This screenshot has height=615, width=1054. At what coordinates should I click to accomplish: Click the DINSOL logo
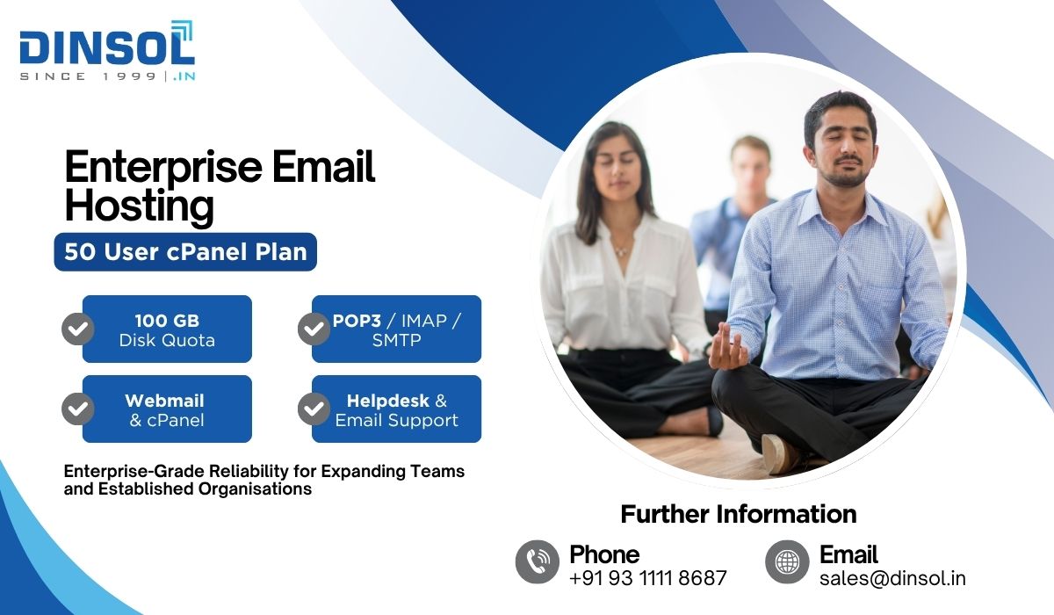point(107,50)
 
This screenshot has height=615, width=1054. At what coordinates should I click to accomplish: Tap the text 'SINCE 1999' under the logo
point(88,76)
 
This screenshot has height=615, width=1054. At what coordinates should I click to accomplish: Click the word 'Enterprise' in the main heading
point(163,167)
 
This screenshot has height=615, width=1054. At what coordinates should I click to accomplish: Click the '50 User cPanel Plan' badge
point(185,252)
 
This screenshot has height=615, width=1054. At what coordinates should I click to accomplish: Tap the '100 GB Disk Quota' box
point(167,329)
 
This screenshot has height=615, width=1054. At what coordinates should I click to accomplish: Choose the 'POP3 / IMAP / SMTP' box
point(396,329)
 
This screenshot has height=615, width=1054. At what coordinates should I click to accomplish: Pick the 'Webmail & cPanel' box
point(167,409)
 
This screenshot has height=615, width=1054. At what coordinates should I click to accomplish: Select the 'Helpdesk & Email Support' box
point(396,409)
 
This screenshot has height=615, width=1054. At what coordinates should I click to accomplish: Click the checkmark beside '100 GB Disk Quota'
point(78,329)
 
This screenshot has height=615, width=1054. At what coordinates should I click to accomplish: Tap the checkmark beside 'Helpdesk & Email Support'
point(314,409)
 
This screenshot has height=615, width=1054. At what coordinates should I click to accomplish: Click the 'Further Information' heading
point(739,514)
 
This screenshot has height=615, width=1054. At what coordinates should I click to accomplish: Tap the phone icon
point(538,561)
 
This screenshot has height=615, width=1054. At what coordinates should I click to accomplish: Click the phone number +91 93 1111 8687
point(648,578)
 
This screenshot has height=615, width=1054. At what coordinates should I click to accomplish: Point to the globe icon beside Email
point(787,561)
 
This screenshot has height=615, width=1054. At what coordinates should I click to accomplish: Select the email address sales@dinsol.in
point(892,578)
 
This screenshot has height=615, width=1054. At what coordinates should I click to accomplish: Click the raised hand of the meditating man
point(727,347)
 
